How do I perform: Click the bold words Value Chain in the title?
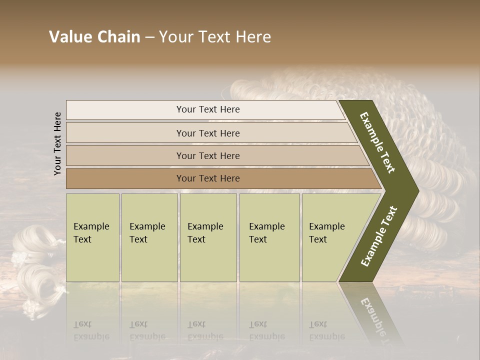tap(94, 37)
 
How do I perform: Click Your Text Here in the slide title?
tap(215, 37)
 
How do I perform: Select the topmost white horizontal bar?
tap(207, 109)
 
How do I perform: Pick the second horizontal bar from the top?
tap(207, 133)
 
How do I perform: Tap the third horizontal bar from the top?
tap(207, 155)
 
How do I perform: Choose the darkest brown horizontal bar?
tap(207, 178)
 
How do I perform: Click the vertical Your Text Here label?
tap(57, 143)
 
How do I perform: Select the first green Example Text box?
tap(92, 237)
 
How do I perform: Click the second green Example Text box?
tap(149, 237)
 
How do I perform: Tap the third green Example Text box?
tap(207, 237)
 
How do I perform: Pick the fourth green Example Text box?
tap(269, 237)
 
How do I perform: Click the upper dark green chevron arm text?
tap(377, 142)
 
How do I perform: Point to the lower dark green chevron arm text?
tap(379, 236)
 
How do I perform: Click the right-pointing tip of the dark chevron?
tap(416, 190)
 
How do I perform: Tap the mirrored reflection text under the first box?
tap(91, 330)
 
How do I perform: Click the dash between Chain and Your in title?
tap(149, 37)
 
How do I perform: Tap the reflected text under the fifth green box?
tap(327, 330)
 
